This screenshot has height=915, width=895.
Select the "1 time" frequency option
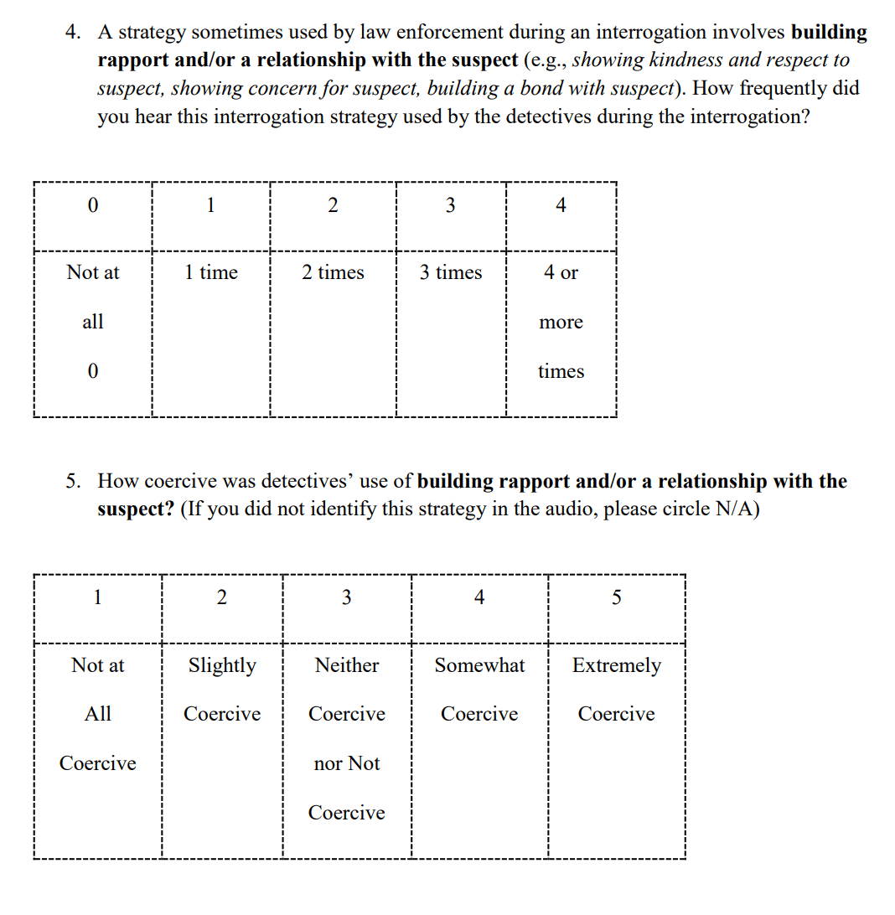pyautogui.click(x=211, y=272)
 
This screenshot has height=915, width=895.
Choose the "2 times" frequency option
pyautogui.click(x=333, y=272)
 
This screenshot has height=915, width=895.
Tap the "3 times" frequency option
pyautogui.click(x=451, y=272)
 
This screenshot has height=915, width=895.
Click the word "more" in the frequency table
pyautogui.click(x=561, y=323)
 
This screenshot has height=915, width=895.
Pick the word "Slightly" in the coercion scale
pyautogui.click(x=222, y=665)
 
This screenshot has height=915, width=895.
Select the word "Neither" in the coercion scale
pyautogui.click(x=347, y=665)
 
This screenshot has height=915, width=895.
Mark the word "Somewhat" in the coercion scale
pyautogui.click(x=479, y=665)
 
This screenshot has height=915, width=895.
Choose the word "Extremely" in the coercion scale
pyautogui.click(x=616, y=665)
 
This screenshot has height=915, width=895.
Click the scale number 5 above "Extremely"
pyautogui.click(x=617, y=597)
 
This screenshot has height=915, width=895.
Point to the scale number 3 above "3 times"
pyautogui.click(x=451, y=205)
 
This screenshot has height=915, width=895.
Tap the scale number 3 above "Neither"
pyautogui.click(x=347, y=597)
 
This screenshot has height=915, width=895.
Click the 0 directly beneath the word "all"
pyautogui.click(x=92, y=371)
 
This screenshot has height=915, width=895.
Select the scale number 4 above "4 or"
pyautogui.click(x=561, y=205)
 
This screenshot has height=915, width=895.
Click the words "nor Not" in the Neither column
pyautogui.click(x=347, y=763)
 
